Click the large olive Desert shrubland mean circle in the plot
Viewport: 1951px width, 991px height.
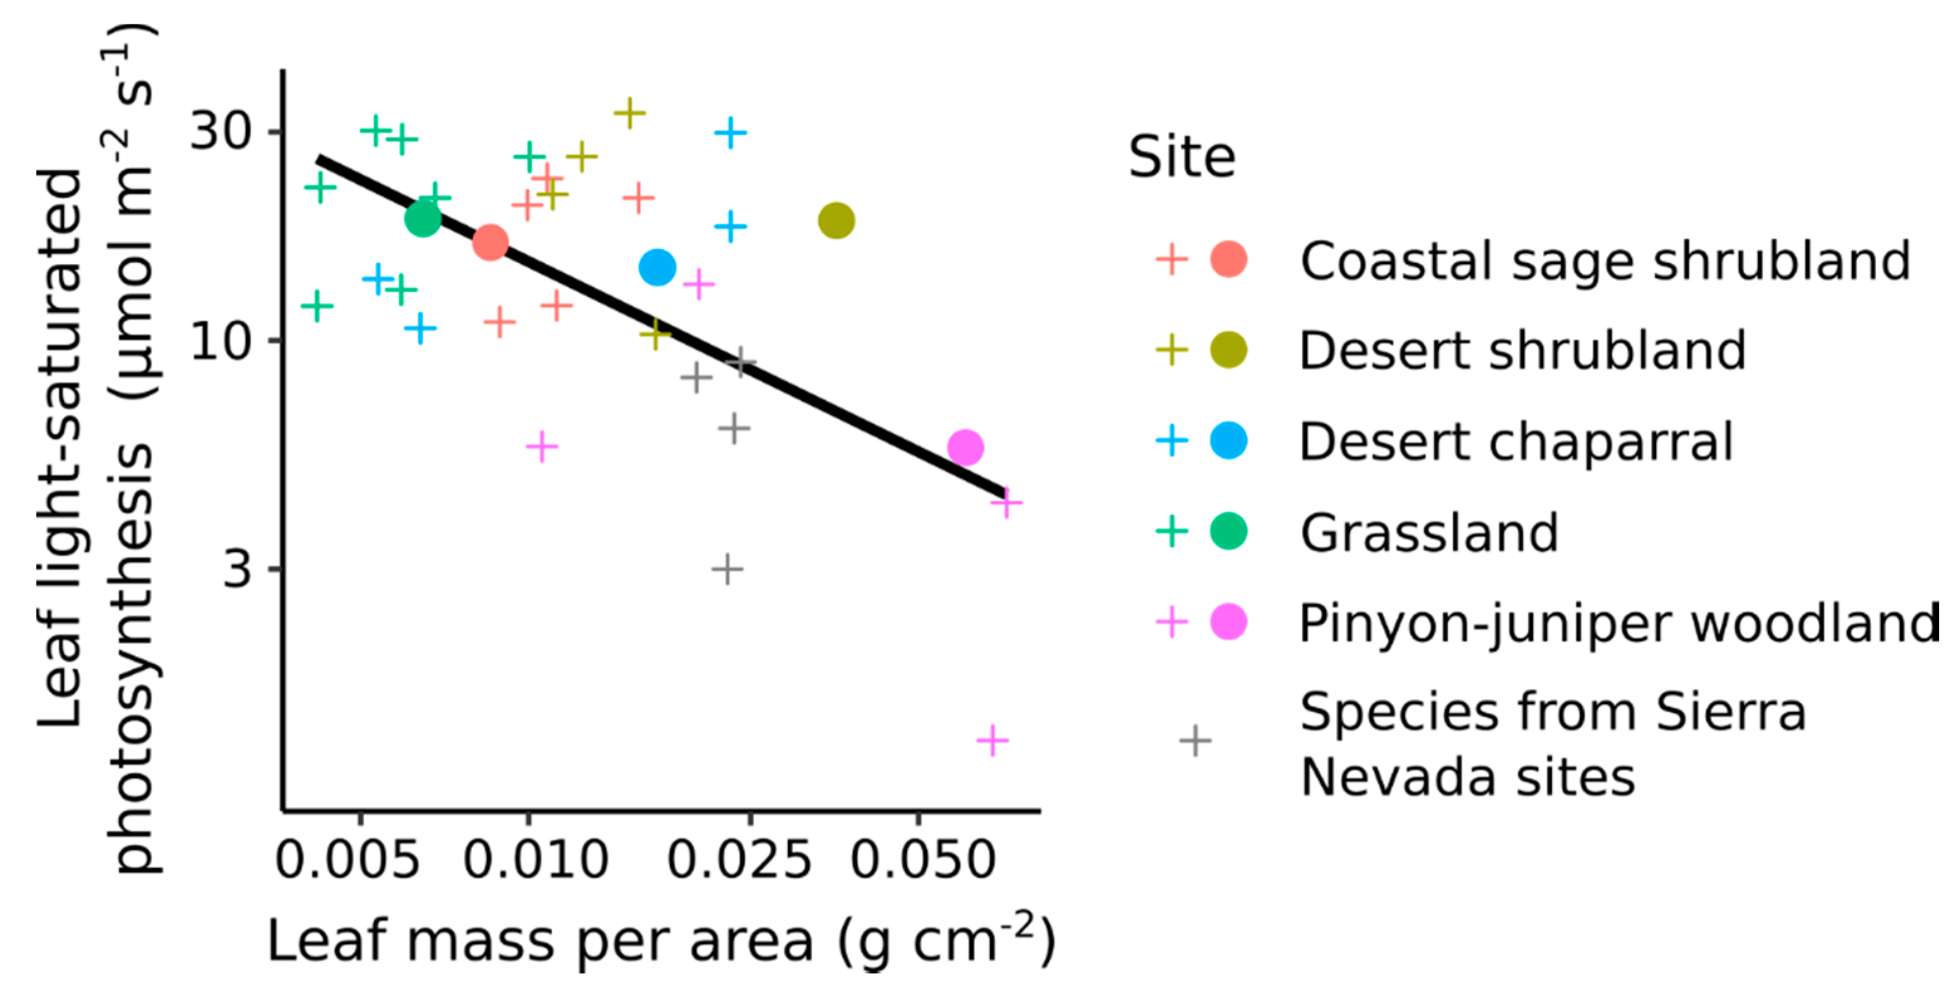pos(836,220)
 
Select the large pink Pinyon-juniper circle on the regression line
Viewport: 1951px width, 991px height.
pos(965,447)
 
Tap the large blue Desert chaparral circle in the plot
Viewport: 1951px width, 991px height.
pos(657,267)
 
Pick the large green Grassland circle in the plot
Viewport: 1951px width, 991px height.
pos(423,219)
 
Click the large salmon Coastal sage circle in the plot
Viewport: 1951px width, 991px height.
pos(490,242)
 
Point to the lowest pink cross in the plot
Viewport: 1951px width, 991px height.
pos(992,739)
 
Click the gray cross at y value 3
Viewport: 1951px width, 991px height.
pos(727,568)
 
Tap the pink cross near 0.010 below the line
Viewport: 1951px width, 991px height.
pos(541,446)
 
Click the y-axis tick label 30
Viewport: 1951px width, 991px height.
pos(220,131)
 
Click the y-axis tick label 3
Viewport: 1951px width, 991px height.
pos(237,568)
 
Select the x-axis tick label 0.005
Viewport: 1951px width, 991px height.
pos(347,860)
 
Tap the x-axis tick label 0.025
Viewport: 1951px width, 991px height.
pos(739,860)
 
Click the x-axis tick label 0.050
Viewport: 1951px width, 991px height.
pos(922,860)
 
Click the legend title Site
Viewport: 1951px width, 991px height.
pos(1181,158)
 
